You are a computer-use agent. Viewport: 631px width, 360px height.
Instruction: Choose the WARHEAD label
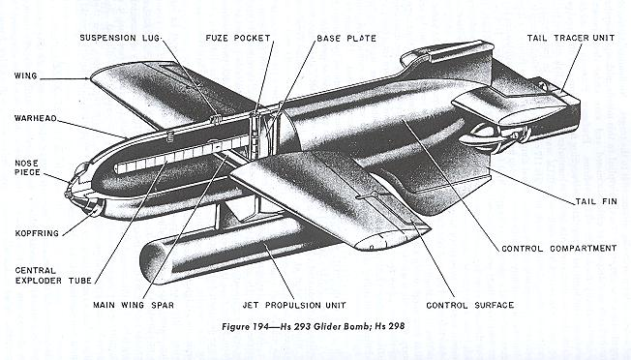(36, 120)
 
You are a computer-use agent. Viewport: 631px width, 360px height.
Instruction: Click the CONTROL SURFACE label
(469, 305)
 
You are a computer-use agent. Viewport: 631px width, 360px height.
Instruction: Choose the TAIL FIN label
(587, 200)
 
